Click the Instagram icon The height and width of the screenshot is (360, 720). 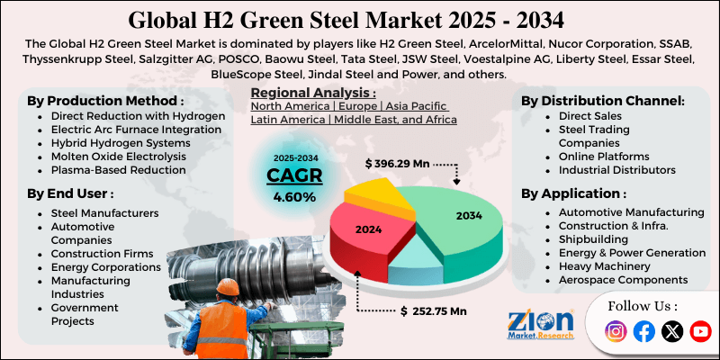click(616, 332)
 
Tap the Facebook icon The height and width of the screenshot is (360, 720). click(643, 332)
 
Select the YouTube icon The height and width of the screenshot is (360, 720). click(700, 332)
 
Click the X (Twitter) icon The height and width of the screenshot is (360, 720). click(671, 332)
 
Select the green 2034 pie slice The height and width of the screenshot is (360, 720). click(458, 217)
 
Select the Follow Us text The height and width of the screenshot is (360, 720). click(642, 306)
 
